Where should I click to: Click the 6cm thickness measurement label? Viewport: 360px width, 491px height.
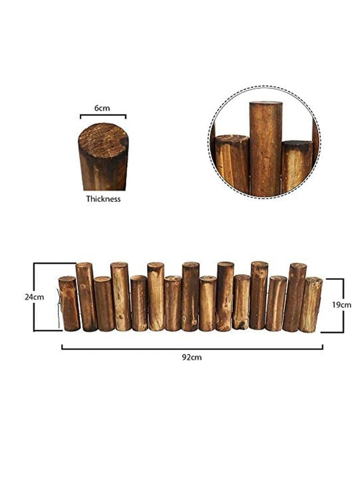point(102,108)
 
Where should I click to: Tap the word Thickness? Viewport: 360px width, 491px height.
point(103,199)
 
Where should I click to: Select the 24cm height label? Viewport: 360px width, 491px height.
point(34,297)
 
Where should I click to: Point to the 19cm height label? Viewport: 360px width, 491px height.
point(342,305)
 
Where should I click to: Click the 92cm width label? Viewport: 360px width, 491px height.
point(192,357)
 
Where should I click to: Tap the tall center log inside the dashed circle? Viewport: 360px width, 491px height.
point(265,149)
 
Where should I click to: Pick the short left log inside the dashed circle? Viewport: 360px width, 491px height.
point(232,163)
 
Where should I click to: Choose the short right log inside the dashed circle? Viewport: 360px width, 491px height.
point(297,166)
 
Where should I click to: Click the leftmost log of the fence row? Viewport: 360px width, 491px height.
point(69,303)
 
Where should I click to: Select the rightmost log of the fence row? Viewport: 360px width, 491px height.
point(310,305)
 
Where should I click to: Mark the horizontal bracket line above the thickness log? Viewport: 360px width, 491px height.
point(103,115)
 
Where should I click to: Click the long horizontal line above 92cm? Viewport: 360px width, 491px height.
point(192,347)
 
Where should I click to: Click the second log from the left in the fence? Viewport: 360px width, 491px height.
point(86,297)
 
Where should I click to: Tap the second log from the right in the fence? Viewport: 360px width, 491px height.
point(294,297)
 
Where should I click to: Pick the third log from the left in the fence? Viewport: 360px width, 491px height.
point(104,304)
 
